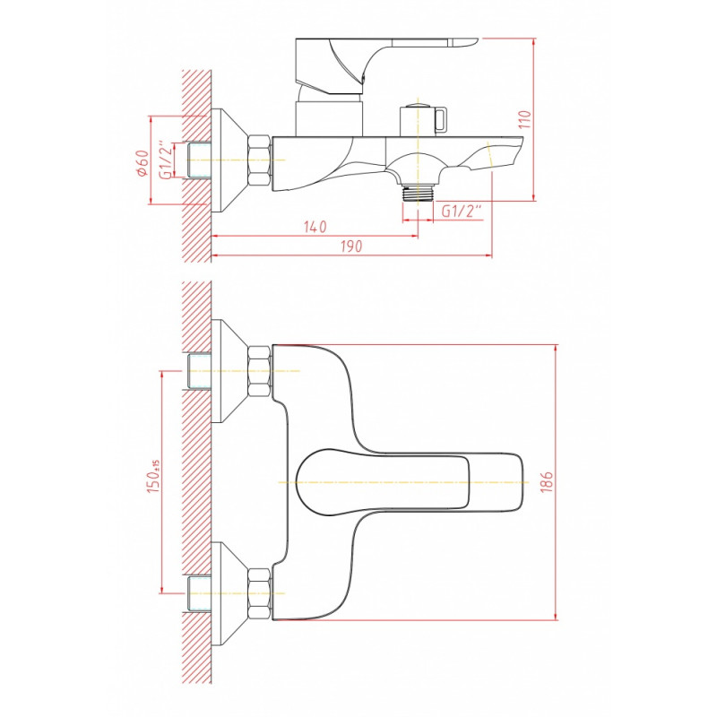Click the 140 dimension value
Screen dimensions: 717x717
315,227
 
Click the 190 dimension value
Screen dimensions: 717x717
351,246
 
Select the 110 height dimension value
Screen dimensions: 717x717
525,119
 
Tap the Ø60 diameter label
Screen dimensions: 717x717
142,163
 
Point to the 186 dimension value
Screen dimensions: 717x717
547,481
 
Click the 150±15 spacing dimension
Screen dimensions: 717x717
153,476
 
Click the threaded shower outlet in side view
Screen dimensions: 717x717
418,192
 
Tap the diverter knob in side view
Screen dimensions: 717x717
423,120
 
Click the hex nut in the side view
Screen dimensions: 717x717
259,160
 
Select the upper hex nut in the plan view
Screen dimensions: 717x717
259,371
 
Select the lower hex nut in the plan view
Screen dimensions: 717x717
259,593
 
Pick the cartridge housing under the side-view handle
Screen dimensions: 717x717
329,118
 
